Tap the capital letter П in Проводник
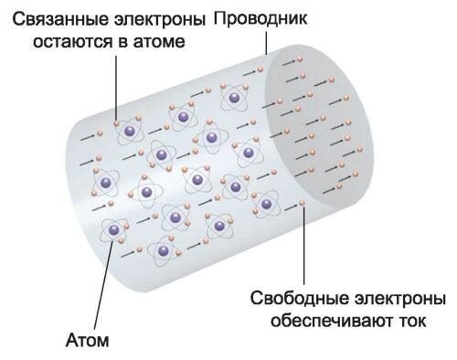[218, 19]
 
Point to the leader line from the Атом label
[101, 292]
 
